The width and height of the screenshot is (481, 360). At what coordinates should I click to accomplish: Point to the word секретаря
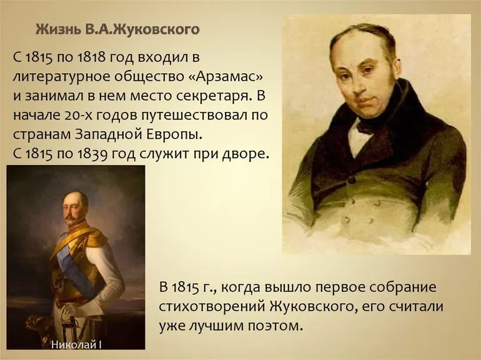[214, 97]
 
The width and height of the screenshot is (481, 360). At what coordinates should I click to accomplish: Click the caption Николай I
[76, 344]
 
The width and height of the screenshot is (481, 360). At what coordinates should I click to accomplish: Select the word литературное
[61, 77]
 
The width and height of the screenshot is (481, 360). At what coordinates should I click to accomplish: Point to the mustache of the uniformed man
[71, 217]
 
